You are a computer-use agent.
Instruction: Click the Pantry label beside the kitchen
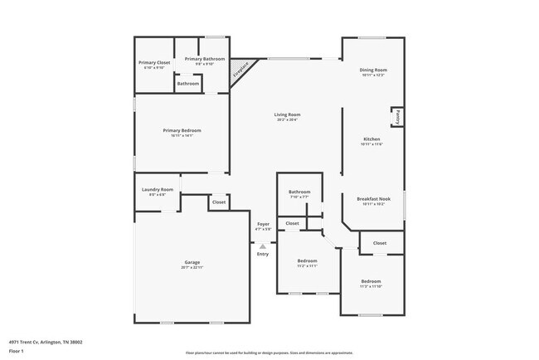click(398, 116)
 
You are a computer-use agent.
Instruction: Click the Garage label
click(192, 265)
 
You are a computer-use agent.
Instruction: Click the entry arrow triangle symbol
click(263, 246)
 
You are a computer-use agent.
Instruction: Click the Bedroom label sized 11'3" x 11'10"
click(371, 283)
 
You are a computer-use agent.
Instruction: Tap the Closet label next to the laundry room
click(219, 202)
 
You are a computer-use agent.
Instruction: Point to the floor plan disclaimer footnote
click(269, 352)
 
